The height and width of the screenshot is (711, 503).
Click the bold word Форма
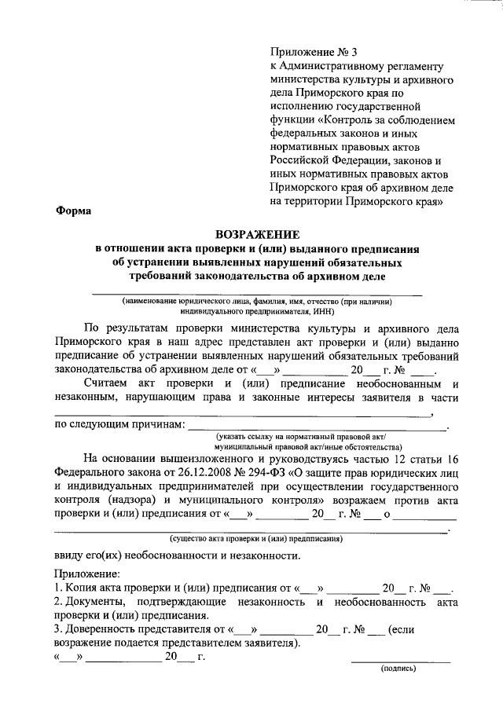73,210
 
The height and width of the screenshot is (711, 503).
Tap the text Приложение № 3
307,52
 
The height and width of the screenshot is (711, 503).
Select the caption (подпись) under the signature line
398,669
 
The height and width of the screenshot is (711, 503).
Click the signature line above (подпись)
401,660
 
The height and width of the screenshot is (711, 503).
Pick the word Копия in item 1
85,588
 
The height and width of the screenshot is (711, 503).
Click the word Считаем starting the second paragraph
109,384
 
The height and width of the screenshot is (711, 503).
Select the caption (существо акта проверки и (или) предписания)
255,539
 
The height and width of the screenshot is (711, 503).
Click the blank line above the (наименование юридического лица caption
258,293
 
